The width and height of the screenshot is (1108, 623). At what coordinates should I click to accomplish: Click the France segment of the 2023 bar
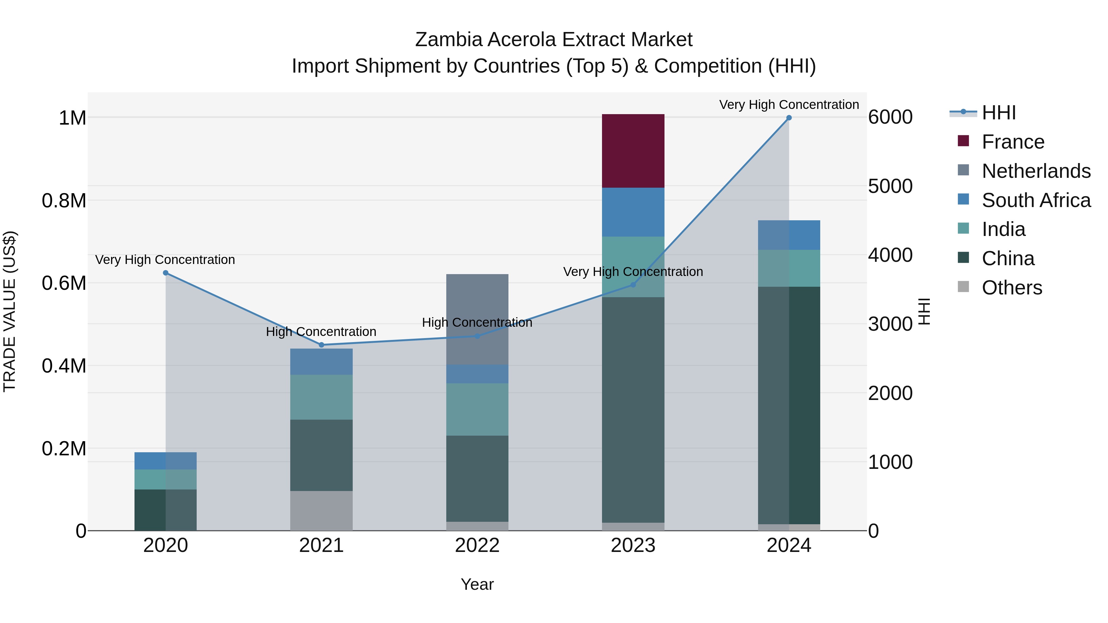(x=633, y=151)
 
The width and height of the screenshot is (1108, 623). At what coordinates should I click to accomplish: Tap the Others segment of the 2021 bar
(x=321, y=510)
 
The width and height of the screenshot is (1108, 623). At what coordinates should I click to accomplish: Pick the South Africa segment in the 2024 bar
(x=789, y=235)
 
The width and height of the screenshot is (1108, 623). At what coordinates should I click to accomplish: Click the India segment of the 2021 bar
(x=321, y=397)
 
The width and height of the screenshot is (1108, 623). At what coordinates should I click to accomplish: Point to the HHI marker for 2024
(x=789, y=118)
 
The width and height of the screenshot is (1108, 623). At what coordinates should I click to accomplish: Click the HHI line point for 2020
(x=166, y=273)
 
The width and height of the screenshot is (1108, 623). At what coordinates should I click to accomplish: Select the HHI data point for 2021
(x=321, y=345)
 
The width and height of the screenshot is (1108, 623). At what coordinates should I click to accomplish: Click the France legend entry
(x=1013, y=142)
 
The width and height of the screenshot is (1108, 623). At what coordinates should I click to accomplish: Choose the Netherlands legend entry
(x=1036, y=171)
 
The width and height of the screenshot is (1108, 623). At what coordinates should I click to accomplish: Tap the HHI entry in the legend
(x=998, y=113)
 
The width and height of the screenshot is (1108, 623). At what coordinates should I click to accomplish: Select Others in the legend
(x=1012, y=288)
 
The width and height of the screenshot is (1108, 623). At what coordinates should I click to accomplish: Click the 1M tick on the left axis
(x=72, y=118)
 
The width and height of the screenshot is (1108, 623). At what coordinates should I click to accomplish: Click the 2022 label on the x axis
(x=477, y=545)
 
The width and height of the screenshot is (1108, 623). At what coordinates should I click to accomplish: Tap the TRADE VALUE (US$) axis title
(x=10, y=311)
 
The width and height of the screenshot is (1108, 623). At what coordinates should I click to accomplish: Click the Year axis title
(x=477, y=584)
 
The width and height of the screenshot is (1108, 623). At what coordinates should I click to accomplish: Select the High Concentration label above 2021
(x=321, y=331)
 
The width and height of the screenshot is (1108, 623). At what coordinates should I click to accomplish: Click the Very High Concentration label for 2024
(x=789, y=105)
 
